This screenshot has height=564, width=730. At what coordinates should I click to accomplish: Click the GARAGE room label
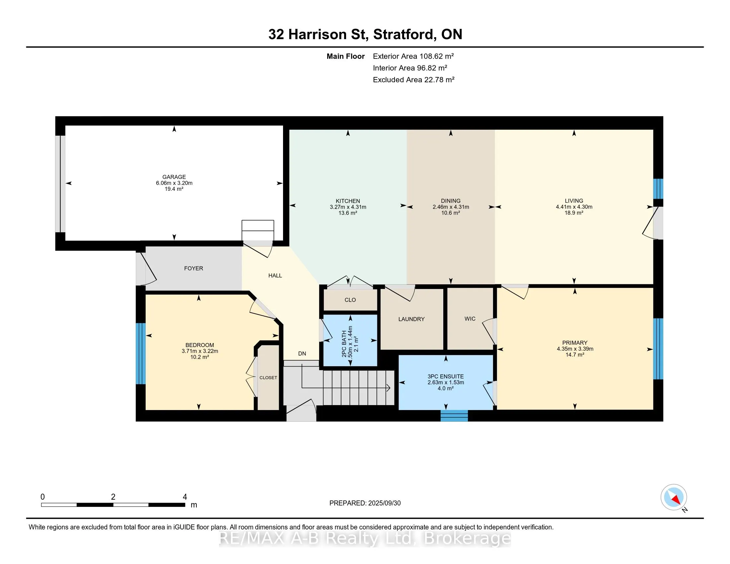click(174, 177)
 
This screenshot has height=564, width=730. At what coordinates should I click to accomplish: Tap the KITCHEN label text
click(348, 201)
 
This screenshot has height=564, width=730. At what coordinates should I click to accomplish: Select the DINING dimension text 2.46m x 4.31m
click(451, 207)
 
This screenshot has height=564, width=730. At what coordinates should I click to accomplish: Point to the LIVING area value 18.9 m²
click(574, 213)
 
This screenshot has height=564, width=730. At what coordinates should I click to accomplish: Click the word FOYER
click(193, 268)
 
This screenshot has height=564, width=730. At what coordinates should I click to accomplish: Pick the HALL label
click(275, 276)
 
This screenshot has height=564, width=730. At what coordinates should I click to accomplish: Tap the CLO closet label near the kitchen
click(350, 300)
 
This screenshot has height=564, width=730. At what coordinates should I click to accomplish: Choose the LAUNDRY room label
click(411, 319)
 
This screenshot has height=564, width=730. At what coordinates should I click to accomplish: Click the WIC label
click(470, 319)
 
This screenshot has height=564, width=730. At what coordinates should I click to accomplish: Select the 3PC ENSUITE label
click(446, 376)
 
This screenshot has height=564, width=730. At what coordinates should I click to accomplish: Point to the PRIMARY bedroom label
click(575, 343)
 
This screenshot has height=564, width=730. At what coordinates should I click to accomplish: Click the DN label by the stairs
click(302, 354)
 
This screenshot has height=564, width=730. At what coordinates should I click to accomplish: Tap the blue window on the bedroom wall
click(141, 354)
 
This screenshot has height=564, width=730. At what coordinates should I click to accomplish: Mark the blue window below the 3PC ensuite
click(454, 416)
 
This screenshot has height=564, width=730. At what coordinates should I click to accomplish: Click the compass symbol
click(674, 497)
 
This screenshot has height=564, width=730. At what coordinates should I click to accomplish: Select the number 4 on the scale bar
click(185, 497)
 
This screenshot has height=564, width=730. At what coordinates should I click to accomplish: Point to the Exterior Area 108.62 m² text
click(413, 56)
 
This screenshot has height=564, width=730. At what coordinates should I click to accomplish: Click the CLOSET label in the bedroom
click(268, 378)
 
